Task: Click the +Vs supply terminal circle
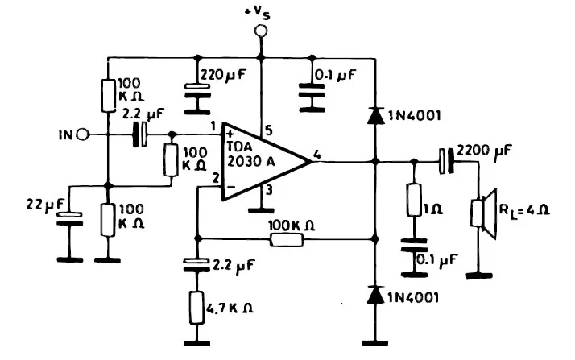[259, 32]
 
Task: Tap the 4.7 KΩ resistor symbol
[196, 307]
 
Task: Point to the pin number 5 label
[267, 130]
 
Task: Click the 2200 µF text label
[484, 151]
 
